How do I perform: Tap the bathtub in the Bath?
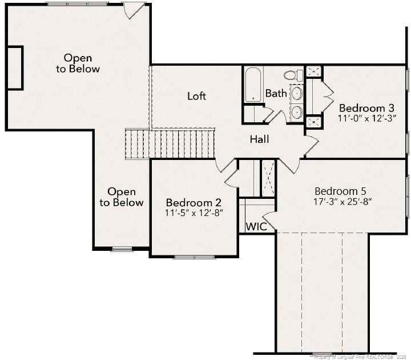(x=253, y=85)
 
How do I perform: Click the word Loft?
(x=196, y=96)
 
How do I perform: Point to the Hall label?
(x=259, y=139)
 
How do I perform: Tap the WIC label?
(x=256, y=226)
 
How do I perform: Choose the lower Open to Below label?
(x=122, y=197)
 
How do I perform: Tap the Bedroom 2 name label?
(x=194, y=202)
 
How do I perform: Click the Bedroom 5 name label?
(x=340, y=191)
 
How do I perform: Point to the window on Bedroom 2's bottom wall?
(x=194, y=257)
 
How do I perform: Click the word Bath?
(x=276, y=93)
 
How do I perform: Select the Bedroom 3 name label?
(x=366, y=108)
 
